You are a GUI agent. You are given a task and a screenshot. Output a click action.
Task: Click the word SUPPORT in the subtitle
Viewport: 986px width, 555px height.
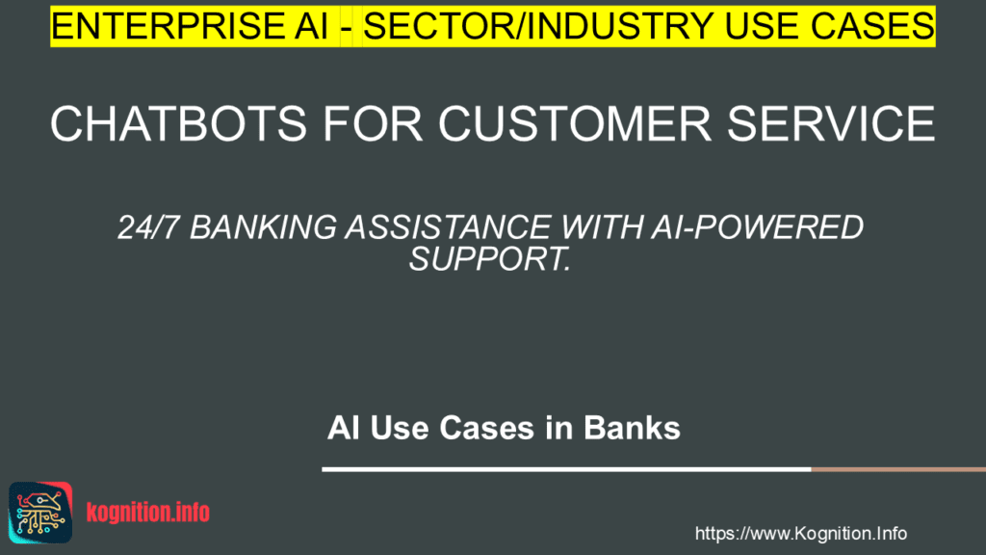tap(490, 257)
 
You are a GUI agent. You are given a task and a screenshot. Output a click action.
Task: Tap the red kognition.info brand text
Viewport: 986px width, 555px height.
tap(147, 512)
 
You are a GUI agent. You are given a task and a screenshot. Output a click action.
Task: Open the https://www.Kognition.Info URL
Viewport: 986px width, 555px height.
tap(800, 533)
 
